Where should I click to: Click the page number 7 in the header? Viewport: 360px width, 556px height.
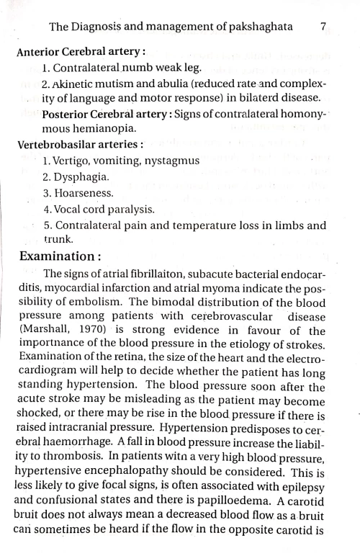(x=323, y=27)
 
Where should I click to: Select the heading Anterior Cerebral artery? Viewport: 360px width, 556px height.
(x=80, y=52)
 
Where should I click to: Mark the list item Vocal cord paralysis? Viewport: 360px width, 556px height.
(x=93, y=209)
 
